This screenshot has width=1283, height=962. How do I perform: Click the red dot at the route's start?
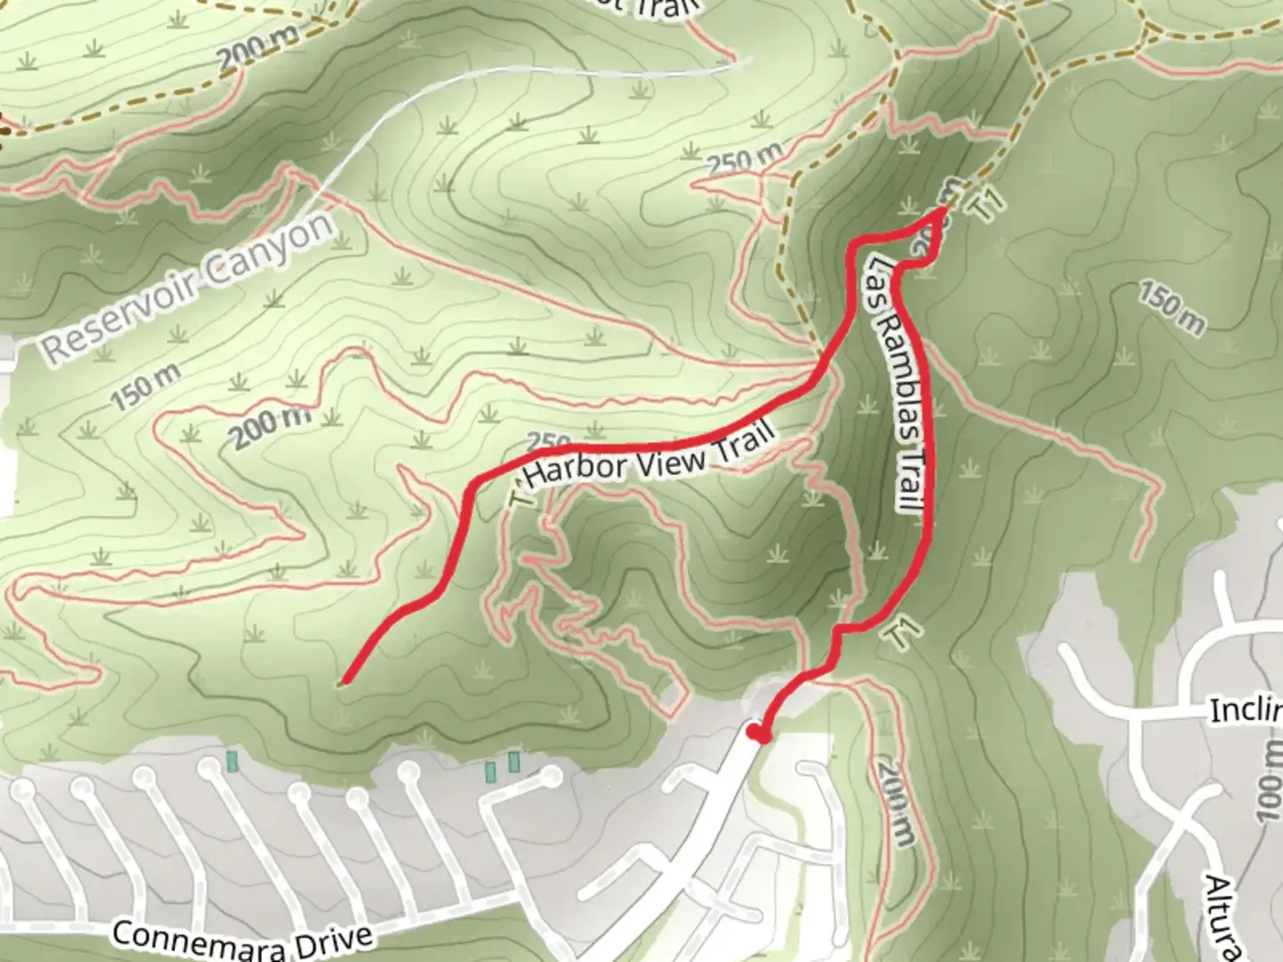point(757,734)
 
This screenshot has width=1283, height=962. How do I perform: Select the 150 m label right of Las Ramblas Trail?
point(1171,308)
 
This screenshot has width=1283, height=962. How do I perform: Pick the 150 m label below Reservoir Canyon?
point(145,387)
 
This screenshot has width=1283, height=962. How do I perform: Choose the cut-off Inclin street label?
point(1246,710)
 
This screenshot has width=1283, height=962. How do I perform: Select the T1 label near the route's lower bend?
point(903,632)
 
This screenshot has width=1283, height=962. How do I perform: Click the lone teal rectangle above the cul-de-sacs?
point(233,762)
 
